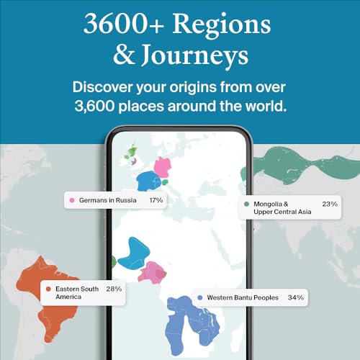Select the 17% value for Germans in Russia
(156, 199)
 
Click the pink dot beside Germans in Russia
(72, 199)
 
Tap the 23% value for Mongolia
(330, 204)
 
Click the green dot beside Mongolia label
(246, 204)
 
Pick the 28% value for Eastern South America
(113, 289)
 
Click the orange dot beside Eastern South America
(48, 289)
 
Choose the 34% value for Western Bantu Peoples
(295, 297)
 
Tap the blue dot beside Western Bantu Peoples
(199, 297)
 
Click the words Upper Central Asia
(282, 213)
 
